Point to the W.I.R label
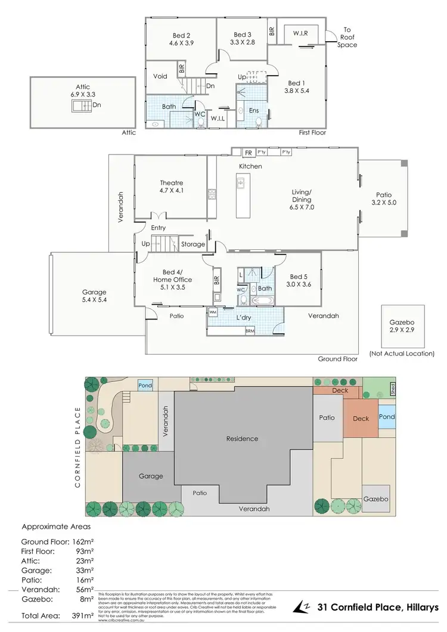[300, 33]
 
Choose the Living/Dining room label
[302, 196]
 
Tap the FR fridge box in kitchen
[247, 152]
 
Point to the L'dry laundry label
[243, 318]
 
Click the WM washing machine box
[213, 312]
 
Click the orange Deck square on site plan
[361, 419]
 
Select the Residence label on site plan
[243, 439]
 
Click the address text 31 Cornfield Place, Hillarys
[377, 607]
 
